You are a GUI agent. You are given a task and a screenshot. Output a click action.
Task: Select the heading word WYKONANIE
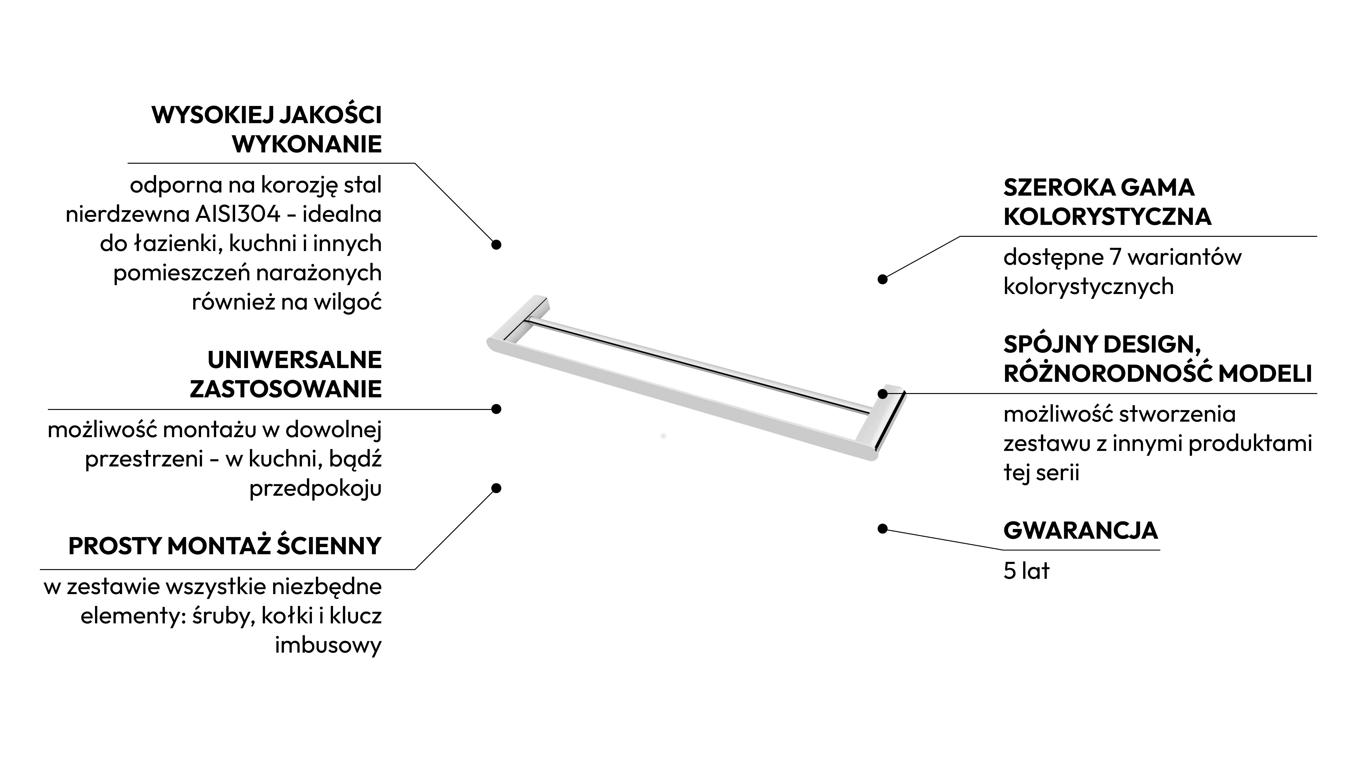tap(307, 144)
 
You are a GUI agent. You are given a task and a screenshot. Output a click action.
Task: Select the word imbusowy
tap(328, 645)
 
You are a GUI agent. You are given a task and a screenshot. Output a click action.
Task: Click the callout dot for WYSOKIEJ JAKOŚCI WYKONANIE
tap(496, 244)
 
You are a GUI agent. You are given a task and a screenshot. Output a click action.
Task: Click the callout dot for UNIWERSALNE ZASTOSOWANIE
tap(496, 409)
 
